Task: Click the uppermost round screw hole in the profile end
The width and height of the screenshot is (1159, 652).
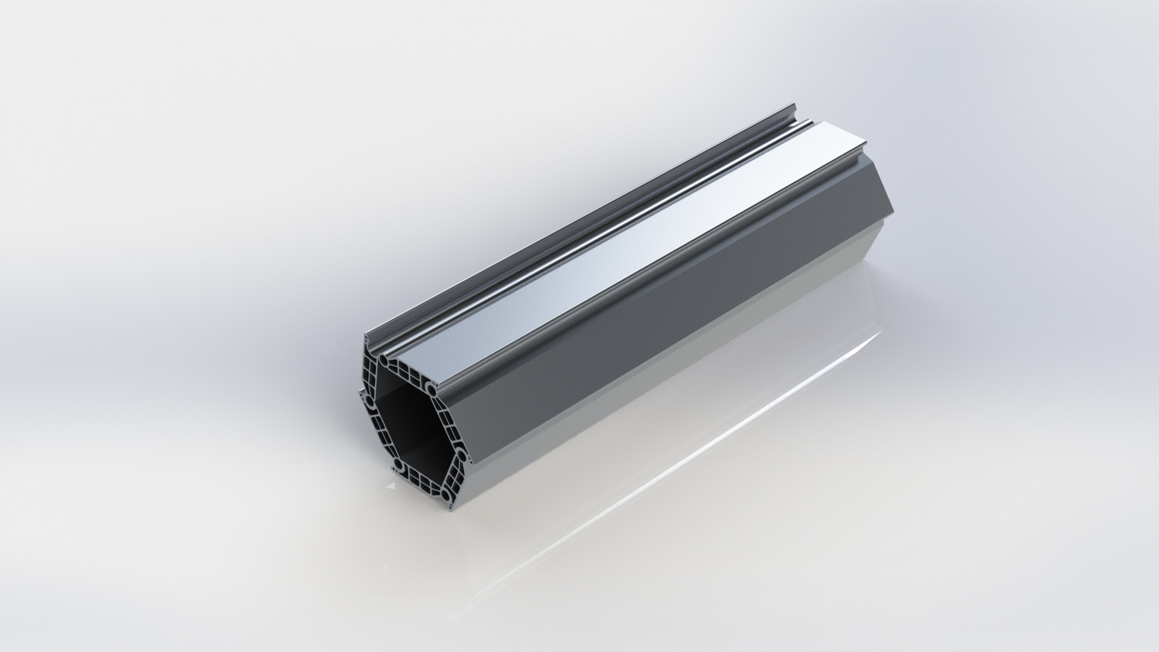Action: pyautogui.click(x=384, y=360)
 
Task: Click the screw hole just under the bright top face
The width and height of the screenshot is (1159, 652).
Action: pyautogui.click(x=427, y=385)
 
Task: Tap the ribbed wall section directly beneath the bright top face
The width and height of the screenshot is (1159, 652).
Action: pyautogui.click(x=406, y=371)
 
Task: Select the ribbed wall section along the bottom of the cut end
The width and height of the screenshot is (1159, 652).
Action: pyautogui.click(x=423, y=481)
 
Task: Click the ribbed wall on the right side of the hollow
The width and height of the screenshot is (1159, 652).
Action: pyautogui.click(x=448, y=419)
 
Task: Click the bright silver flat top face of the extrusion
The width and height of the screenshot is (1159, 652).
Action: pyautogui.click(x=604, y=241)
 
